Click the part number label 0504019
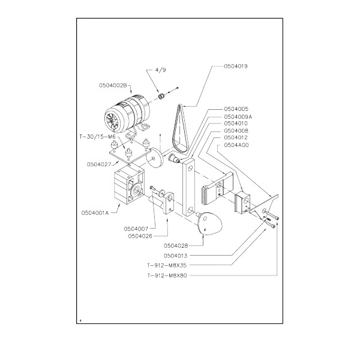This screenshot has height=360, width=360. click(x=236, y=67)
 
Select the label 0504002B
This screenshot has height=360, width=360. click(x=113, y=85)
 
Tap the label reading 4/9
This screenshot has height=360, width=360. click(x=160, y=70)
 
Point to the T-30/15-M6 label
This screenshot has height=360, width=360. click(x=97, y=137)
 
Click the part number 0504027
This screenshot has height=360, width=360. click(x=99, y=164)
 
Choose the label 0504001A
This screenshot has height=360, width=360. click(x=95, y=213)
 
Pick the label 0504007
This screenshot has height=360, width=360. click(x=136, y=229)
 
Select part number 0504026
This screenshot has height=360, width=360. click(x=140, y=236)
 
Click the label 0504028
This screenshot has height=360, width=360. click(x=176, y=245)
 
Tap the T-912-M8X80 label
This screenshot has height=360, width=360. click(x=167, y=275)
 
